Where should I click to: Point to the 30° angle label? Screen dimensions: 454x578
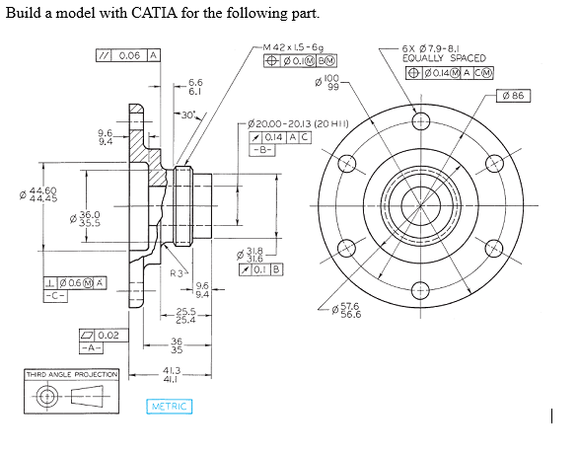(x=188, y=116)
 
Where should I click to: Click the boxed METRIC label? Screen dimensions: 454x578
(x=170, y=407)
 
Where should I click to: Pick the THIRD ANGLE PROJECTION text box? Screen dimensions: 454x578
(x=72, y=374)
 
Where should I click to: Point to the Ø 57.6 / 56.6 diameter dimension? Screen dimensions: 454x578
(x=374, y=311)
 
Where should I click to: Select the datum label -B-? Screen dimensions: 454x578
(x=260, y=151)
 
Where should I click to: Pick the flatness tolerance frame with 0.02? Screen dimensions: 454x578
(x=102, y=336)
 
